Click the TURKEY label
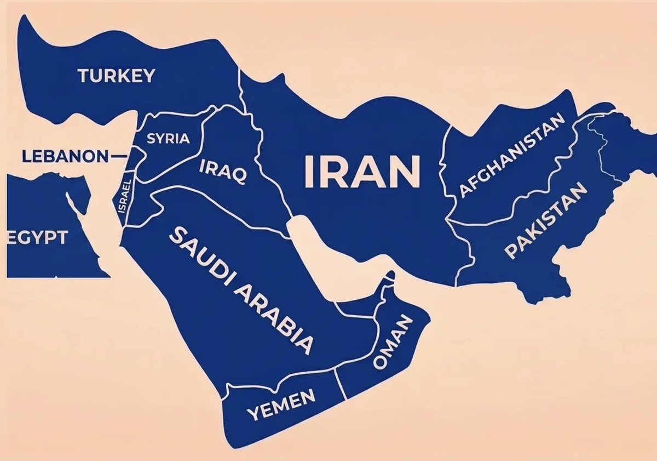tap(117, 76)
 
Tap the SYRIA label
tap(169, 139)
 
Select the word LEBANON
tap(65, 157)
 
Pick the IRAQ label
tap(223, 171)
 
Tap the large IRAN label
tap(362, 171)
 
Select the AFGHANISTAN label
tap(511, 155)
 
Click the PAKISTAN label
tap(545, 220)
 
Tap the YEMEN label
tap(281, 405)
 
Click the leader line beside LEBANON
tap(118, 157)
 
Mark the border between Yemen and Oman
tap(340, 383)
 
